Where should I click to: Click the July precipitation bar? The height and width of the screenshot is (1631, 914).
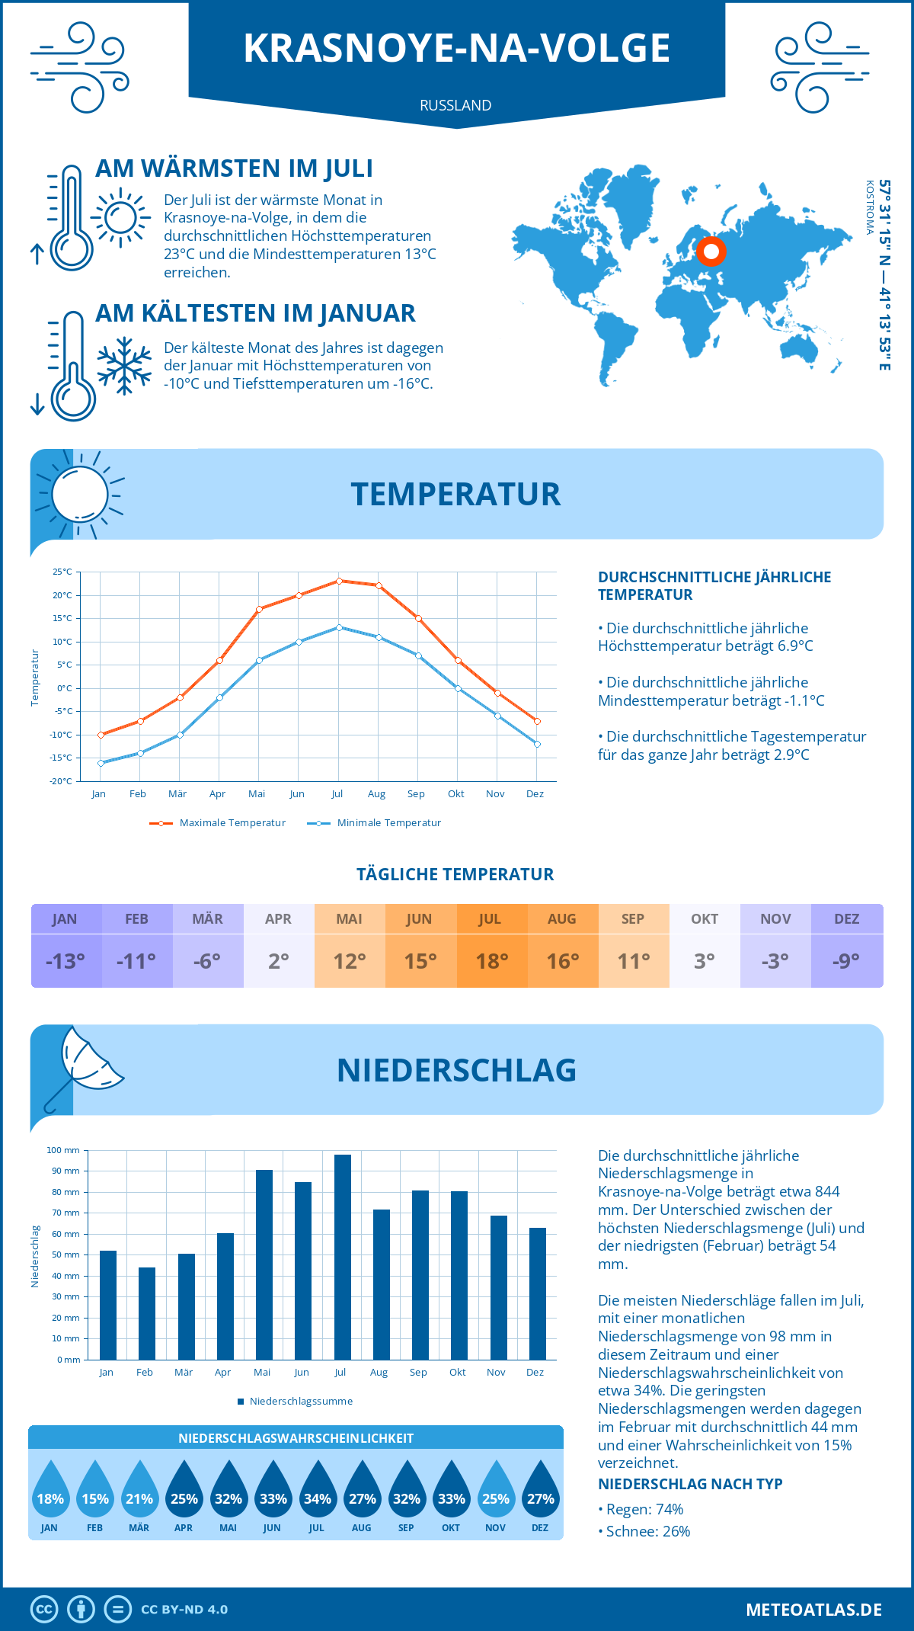pyautogui.click(x=343, y=1258)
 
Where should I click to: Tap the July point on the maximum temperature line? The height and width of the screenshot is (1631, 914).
pyautogui.click(x=339, y=581)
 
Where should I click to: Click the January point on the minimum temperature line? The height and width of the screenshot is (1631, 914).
pyautogui.click(x=101, y=763)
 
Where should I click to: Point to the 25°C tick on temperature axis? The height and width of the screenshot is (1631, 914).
pyautogui.click(x=62, y=572)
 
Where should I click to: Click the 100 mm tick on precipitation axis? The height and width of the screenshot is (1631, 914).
pyautogui.click(x=63, y=1150)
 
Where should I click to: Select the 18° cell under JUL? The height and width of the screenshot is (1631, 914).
pyautogui.click(x=491, y=961)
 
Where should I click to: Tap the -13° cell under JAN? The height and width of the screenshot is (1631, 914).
pyautogui.click(x=66, y=961)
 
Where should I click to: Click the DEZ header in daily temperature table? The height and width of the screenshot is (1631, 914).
pyautogui.click(x=846, y=919)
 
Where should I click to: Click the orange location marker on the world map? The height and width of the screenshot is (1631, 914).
pyautogui.click(x=711, y=252)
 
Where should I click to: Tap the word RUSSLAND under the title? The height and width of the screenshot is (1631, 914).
pyautogui.click(x=455, y=105)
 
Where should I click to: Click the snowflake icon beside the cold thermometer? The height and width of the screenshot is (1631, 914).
pyautogui.click(x=124, y=366)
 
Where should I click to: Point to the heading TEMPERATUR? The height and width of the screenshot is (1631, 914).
pyautogui.click(x=455, y=494)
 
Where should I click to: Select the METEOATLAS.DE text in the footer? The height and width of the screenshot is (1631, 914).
pyautogui.click(x=813, y=1610)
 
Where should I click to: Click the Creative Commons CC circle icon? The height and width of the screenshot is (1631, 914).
pyautogui.click(x=44, y=1610)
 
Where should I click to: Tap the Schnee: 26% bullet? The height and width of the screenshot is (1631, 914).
pyautogui.click(x=644, y=1531)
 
